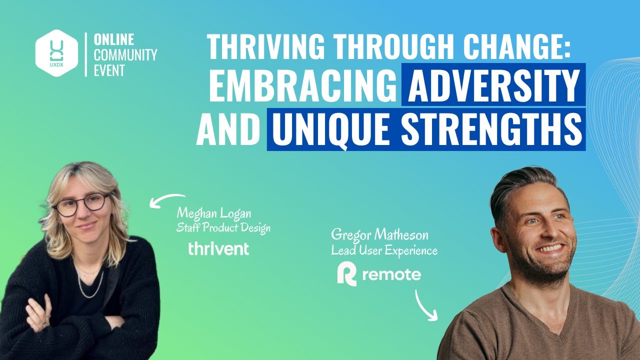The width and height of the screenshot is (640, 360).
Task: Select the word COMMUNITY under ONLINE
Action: pos(125,55)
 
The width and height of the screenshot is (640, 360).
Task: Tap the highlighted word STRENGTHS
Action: pos(492,129)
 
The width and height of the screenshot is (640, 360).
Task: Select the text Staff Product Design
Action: pos(223,228)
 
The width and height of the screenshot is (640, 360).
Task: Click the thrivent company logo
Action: pos(218,248)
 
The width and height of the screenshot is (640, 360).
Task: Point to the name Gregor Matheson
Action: pos(379,235)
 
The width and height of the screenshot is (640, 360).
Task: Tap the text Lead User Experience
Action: pos(384,250)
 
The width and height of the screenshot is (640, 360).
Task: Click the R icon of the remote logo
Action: pos(346,275)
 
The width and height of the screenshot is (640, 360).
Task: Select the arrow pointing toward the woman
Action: pos(166,199)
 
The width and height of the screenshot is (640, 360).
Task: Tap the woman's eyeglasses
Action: pos(80,204)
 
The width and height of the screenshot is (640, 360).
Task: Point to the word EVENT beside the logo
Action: pos(109,70)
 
